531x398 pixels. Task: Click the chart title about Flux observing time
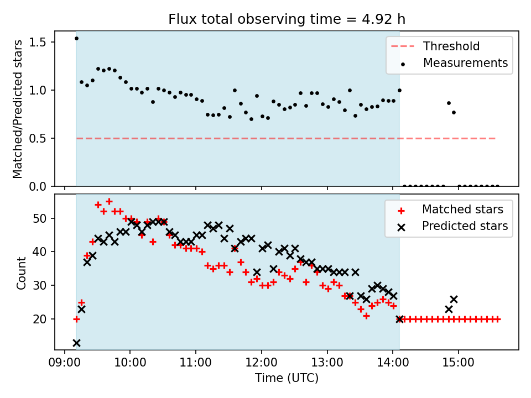coord(287,19)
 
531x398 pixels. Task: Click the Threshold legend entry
coord(451,46)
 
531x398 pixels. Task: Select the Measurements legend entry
coord(465,63)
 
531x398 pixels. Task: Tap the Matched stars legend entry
coord(462,210)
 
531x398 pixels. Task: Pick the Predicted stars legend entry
coord(465,226)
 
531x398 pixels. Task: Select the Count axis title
coord(22,273)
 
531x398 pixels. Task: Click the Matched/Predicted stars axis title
coord(18,109)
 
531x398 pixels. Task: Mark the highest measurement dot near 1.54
coord(76,38)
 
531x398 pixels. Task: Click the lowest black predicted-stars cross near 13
coord(76,343)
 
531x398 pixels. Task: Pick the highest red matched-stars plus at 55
coord(109,202)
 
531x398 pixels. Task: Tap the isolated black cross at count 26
coord(454,299)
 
